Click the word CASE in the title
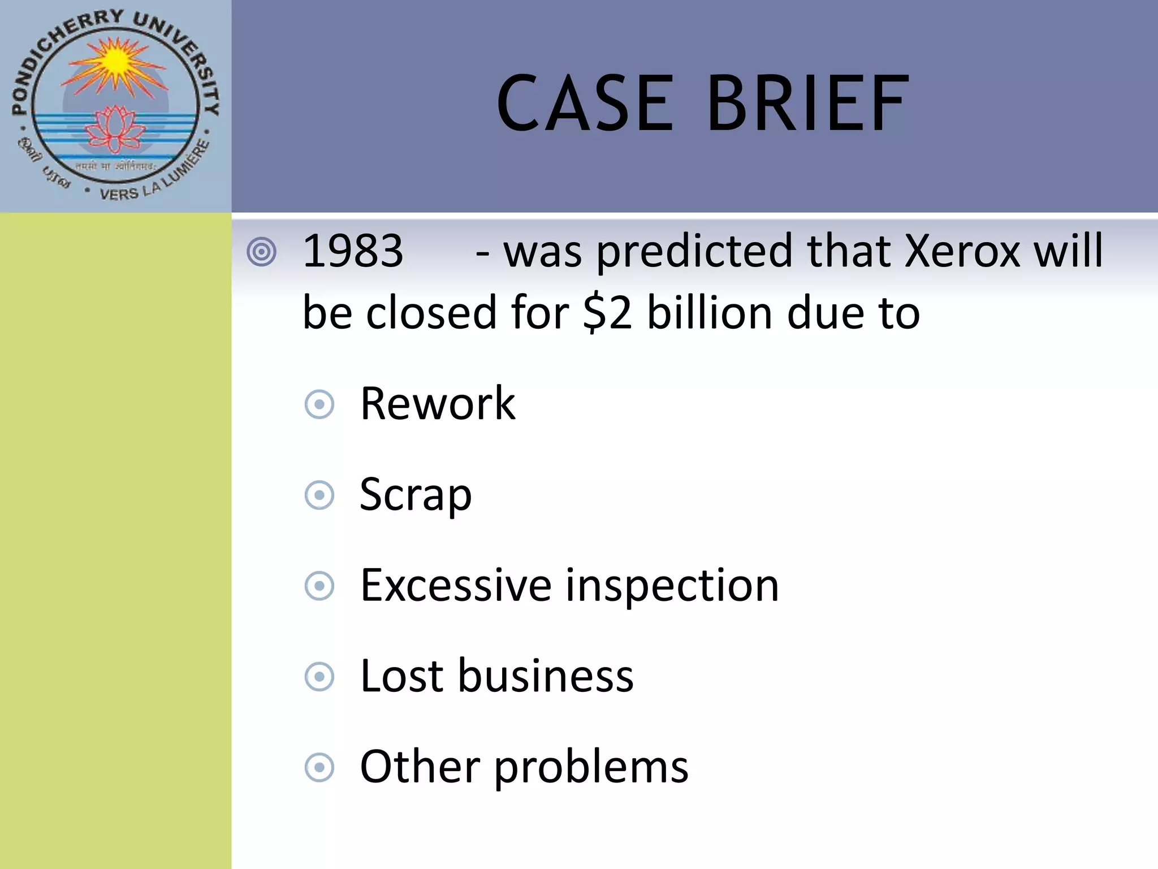point(585,104)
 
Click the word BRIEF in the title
point(807,104)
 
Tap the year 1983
point(353,251)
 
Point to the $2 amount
point(607,313)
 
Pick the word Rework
point(438,403)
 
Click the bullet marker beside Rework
point(319,405)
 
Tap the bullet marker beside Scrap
point(319,496)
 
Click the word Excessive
point(456,585)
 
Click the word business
point(546,676)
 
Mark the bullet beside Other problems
point(319,768)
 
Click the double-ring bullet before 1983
point(262,252)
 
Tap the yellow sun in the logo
point(116,61)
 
